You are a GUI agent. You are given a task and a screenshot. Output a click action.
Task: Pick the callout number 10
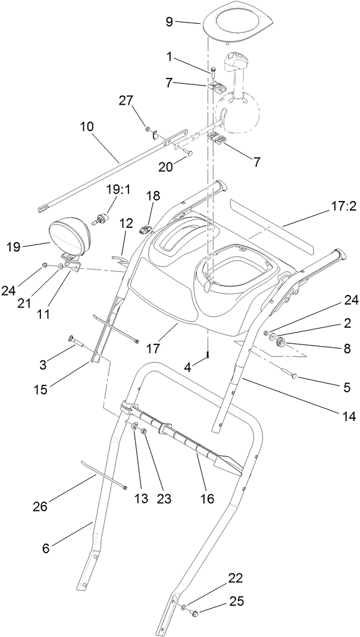pos(87,127)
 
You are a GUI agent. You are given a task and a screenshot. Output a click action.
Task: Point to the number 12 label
pos(126,224)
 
